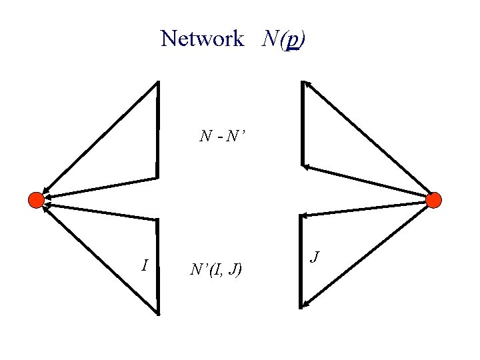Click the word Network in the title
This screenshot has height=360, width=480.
point(202,39)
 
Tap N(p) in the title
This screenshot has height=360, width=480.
point(284,39)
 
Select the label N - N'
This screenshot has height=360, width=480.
point(223,137)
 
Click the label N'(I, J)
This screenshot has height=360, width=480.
point(216,269)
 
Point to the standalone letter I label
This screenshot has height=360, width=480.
point(145,265)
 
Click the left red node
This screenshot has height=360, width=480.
point(36,199)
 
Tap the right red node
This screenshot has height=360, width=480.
point(433,199)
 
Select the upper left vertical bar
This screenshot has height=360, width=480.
point(158,130)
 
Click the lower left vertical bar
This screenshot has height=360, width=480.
point(158,266)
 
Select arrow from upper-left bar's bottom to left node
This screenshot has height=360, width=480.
point(100,187)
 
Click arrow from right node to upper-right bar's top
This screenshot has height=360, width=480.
point(368,140)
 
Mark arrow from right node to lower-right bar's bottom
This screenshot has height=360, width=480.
point(368,253)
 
